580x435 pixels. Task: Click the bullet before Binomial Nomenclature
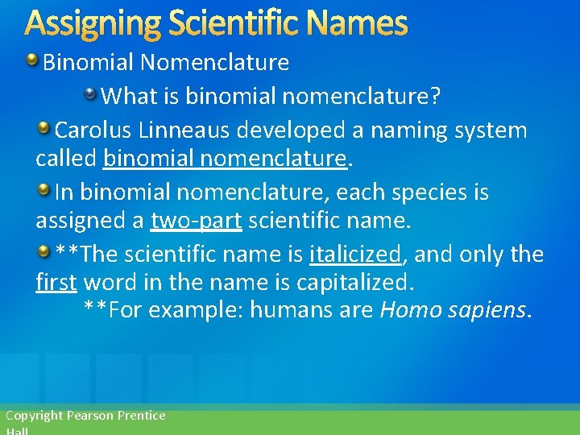32,61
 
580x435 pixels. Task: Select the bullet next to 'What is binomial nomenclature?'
92,96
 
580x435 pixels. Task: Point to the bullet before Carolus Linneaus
44,129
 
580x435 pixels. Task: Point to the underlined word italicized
354,255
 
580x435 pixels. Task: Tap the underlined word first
56,283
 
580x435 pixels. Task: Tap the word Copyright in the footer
34,416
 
